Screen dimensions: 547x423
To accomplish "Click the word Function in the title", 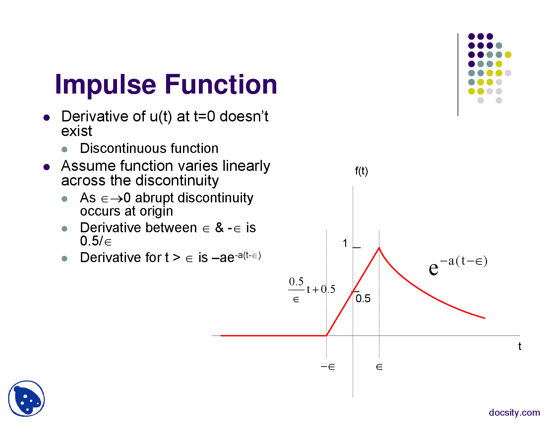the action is point(221,84).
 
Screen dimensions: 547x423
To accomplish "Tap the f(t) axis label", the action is point(361,171).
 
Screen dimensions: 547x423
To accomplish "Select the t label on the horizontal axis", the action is point(519,346).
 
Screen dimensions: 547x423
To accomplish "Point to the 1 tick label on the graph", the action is point(345,243).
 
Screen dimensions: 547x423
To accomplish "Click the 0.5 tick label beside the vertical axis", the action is point(363,298).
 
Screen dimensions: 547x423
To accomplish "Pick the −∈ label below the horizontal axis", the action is point(328,367).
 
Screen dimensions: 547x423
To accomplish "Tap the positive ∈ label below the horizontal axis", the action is point(379,367).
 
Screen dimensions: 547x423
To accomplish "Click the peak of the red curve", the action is point(379,248).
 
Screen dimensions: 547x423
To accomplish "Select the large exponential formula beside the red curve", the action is point(458,265).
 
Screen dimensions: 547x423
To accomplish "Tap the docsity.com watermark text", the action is point(514,412).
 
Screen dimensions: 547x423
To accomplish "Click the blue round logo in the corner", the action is point(27,398).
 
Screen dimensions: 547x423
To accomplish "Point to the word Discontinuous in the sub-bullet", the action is point(123,148).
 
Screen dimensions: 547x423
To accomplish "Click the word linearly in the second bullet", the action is point(246,167).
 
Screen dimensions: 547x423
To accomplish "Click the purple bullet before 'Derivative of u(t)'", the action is point(46,117).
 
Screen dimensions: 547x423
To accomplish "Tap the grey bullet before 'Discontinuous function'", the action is point(64,149).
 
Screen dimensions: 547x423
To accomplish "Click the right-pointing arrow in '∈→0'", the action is point(117,199).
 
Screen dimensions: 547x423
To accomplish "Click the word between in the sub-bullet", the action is point(171,228).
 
